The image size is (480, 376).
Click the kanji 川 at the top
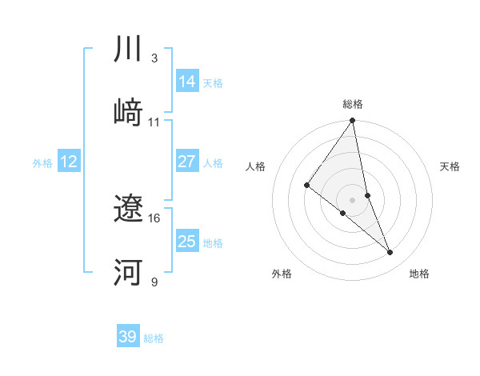pyautogui.click(x=128, y=50)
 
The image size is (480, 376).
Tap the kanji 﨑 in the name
pyautogui.click(x=128, y=113)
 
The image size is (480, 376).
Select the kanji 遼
pyautogui.click(x=128, y=210)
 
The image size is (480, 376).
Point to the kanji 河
pyautogui.click(x=128, y=273)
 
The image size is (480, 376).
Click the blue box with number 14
pyautogui.click(x=187, y=81)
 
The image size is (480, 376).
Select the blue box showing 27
pyautogui.click(x=187, y=162)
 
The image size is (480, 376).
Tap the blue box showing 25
pyautogui.click(x=187, y=242)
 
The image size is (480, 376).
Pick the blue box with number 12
pyautogui.click(x=69, y=162)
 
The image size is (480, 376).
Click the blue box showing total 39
pyautogui.click(x=128, y=337)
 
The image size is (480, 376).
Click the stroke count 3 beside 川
pyautogui.click(x=154, y=58)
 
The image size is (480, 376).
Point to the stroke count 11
pyautogui.click(x=154, y=122)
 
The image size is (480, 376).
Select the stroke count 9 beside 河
pyautogui.click(x=154, y=282)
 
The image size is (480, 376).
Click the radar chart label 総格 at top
pyautogui.click(x=353, y=104)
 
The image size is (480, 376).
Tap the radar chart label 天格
pyautogui.click(x=450, y=166)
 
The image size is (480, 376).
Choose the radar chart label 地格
pyautogui.click(x=419, y=274)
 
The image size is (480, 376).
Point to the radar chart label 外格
pyautogui.click(x=282, y=274)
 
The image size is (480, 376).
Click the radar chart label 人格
pyautogui.click(x=256, y=166)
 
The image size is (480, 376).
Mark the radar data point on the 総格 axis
pyautogui.click(x=353, y=121)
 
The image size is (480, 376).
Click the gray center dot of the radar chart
pyautogui.click(x=353, y=199)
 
